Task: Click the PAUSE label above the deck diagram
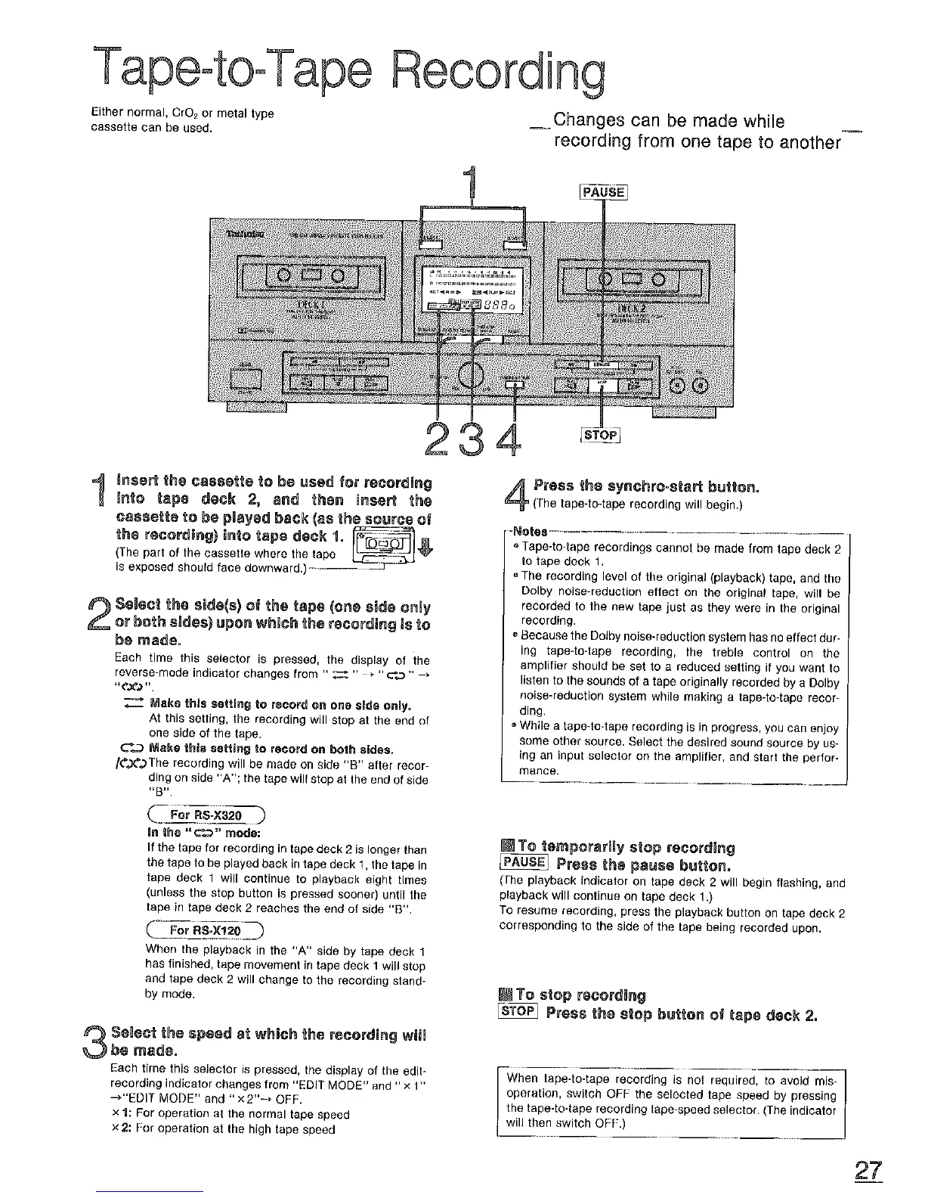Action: coord(603,192)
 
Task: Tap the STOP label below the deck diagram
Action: coord(600,436)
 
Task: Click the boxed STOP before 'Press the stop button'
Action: coord(518,1013)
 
